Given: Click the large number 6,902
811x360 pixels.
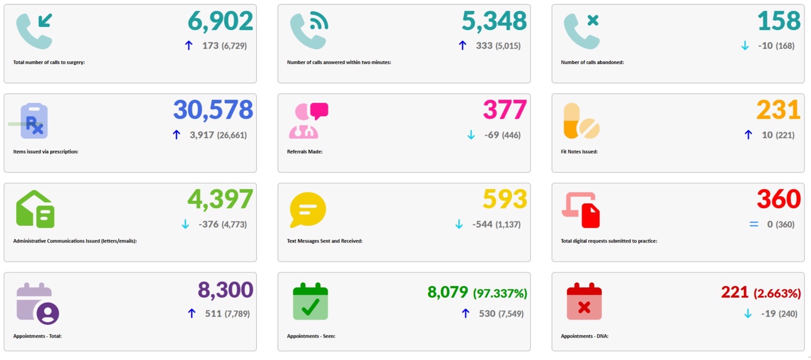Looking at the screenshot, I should [220, 22].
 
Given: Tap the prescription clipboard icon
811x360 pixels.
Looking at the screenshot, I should [34, 121].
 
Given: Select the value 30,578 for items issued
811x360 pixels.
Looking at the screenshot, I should [213, 110].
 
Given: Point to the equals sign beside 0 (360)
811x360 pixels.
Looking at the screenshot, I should [754, 224].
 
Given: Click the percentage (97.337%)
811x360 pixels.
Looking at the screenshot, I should [500, 294].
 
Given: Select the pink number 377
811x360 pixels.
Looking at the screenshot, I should [504, 110].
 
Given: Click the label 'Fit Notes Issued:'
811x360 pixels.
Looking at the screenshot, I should [579, 152].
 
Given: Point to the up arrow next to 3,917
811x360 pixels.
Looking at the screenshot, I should [176, 135].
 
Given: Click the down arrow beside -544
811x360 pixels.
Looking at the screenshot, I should [459, 224].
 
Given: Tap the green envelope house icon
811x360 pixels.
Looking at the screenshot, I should [35, 209].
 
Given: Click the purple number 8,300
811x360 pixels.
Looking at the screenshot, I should [225, 290].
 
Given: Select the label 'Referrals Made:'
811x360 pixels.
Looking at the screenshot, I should [304, 152].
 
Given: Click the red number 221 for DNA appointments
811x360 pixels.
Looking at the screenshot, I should [735, 292].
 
